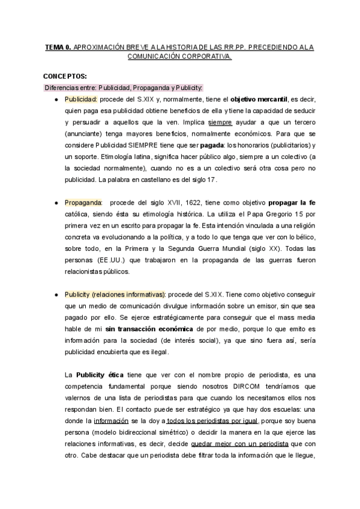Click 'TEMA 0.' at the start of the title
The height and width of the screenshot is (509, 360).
point(58,46)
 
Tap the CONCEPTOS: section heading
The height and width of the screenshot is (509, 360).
point(65,77)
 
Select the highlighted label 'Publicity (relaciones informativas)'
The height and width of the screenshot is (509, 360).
point(115,295)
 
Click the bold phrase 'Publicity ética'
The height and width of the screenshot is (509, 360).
point(100,375)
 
